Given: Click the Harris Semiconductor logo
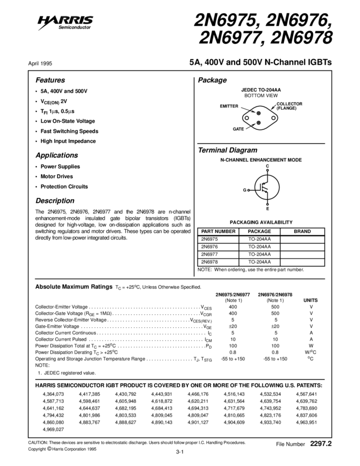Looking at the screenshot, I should (x=66, y=22).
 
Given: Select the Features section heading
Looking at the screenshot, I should (x=50, y=80).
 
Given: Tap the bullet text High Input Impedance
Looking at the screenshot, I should (x=68, y=141).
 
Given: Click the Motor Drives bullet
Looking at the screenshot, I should (x=56, y=177).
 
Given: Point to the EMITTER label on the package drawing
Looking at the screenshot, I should (x=229, y=105).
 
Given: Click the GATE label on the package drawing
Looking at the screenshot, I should (x=238, y=129).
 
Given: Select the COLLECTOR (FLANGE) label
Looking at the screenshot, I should (x=289, y=106).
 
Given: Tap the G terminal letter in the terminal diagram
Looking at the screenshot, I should (x=245, y=189).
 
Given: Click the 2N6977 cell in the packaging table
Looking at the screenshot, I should (x=209, y=254).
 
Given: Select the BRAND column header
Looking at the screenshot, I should (x=302, y=232).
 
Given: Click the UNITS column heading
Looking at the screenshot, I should (x=310, y=300).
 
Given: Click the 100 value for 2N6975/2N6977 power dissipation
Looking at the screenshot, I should (x=233, y=346).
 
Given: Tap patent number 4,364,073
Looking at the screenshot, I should (x=53, y=394).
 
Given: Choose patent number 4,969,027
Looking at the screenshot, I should (x=53, y=430).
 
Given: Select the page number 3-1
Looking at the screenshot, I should (x=179, y=452).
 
